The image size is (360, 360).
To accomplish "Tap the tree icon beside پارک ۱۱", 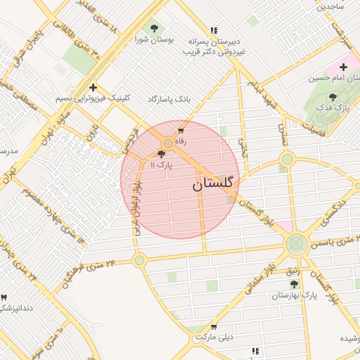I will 162,154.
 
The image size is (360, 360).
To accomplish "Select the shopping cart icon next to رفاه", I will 181,130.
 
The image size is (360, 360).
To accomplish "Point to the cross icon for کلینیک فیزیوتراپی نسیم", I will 93,87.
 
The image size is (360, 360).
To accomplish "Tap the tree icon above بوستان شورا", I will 154,28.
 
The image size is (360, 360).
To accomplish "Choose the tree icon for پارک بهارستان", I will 294,284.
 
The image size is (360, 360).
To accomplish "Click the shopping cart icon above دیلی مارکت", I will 213,327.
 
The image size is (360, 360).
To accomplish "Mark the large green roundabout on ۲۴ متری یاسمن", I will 296,244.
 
